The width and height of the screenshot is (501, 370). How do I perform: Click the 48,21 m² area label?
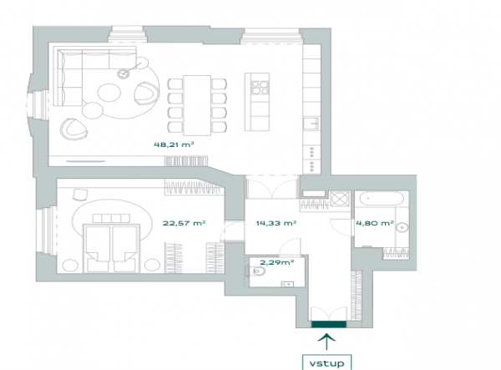[174, 144]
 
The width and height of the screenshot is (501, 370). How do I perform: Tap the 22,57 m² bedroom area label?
[184, 223]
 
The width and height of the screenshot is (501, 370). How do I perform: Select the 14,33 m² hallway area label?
[276, 223]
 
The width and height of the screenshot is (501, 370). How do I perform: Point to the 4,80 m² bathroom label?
[374, 223]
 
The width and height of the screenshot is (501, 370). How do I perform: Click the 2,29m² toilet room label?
[276, 262]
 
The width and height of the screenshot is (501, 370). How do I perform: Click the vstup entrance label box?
[326, 362]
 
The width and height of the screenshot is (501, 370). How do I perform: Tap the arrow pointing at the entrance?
[326, 342]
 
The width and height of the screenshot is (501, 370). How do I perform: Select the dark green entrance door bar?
[329, 324]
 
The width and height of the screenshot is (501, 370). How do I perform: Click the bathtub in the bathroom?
[382, 199]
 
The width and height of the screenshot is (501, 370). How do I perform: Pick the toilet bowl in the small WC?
[257, 271]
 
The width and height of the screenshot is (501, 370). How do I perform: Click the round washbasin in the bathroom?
[402, 227]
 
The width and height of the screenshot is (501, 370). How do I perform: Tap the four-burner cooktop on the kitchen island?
[260, 88]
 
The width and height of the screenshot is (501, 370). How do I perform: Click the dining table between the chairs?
[197, 105]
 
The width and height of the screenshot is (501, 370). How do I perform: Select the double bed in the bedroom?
[111, 247]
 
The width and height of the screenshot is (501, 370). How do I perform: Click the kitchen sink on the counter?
[311, 124]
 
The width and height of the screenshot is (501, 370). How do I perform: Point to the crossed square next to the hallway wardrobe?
[340, 199]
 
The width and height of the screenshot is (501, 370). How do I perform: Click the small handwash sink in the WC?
[287, 284]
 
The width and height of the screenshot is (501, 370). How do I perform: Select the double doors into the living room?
[272, 186]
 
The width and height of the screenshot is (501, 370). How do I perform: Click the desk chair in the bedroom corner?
[80, 194]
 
